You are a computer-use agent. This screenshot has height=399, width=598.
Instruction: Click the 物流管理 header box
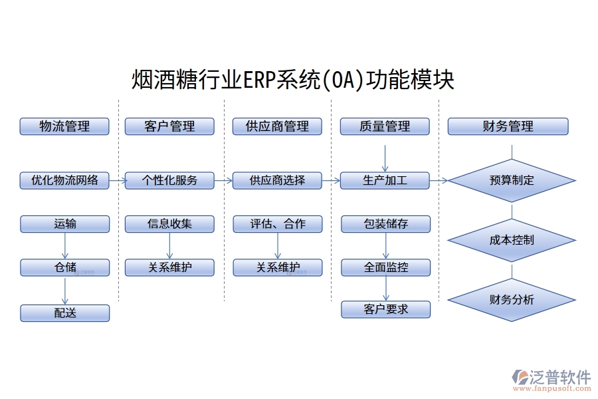coord(64,126)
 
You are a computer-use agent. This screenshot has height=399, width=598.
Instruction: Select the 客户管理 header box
coord(169,126)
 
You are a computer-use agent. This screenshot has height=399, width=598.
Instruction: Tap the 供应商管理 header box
coord(277,126)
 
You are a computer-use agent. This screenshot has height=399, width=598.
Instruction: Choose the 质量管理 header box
coord(385,126)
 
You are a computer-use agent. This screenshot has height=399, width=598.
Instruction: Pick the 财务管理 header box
coord(508,126)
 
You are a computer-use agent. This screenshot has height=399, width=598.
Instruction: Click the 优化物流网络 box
coord(64,180)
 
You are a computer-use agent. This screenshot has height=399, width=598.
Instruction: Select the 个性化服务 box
coord(169,180)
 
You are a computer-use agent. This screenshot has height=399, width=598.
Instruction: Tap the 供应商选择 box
coord(277,180)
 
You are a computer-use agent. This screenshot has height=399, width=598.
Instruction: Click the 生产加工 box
coord(385,180)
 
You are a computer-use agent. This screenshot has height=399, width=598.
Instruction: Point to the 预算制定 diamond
coord(511,180)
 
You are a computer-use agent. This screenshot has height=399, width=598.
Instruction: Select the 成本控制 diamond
coord(511,239)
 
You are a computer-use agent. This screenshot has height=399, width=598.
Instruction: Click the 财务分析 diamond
coord(511,299)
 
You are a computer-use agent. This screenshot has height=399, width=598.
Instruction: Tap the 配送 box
coord(64,313)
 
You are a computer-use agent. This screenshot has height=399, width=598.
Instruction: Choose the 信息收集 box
coord(169,224)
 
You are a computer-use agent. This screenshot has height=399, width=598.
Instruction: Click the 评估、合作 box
coord(277,224)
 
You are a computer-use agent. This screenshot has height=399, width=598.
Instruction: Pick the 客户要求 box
coord(385,309)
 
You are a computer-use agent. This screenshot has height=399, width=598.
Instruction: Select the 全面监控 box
coord(385,268)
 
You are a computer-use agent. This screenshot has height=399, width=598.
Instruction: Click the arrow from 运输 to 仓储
coord(65,245)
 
